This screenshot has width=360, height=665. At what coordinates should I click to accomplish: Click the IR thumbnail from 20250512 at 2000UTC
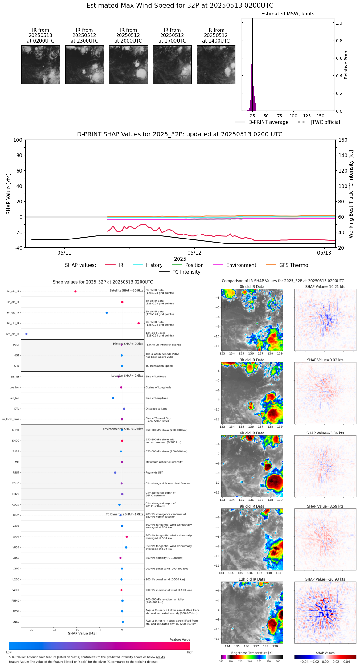pos(128,64)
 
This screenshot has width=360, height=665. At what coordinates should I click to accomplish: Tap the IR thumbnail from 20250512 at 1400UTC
pos(216,64)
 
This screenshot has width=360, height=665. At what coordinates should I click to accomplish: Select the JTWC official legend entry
pos(325,122)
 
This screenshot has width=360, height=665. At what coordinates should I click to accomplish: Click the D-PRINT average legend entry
pos(268,122)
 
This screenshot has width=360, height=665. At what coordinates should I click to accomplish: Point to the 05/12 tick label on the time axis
pos(194,253)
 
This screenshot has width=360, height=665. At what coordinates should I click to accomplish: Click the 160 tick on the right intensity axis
pos(343,140)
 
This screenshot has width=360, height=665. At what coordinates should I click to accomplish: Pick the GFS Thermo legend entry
pos(293,265)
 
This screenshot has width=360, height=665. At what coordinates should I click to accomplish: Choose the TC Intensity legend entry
pos(186,272)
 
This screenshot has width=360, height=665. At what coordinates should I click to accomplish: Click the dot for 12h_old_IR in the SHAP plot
pos(27,334)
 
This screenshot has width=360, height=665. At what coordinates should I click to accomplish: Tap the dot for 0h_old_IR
pos(76,292)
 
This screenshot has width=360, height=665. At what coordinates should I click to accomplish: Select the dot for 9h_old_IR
pos(139,323)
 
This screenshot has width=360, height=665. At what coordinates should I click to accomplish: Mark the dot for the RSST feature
pos(115,473)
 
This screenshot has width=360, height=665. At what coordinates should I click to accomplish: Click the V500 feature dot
pos(127,537)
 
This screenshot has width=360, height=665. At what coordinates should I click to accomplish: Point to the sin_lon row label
pos(15,398)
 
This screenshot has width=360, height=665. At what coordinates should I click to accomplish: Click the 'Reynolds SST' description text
pos(154,473)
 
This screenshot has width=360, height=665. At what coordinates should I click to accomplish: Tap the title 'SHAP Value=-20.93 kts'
pos(325,579)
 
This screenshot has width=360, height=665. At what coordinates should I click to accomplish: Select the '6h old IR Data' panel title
pos(252,433)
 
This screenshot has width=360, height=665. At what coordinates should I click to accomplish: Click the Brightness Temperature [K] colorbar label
pos(252,653)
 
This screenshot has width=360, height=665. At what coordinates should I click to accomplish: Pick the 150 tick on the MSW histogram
pos(321,116)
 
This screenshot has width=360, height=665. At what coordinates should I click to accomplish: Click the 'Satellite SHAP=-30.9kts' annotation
pos(126,291)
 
